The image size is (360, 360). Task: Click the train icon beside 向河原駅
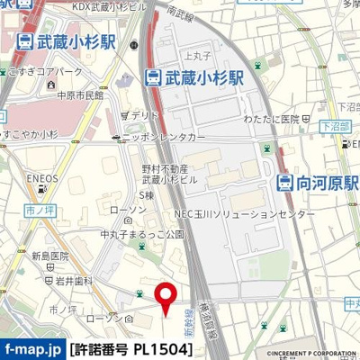(285, 183)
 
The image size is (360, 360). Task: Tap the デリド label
(142, 116)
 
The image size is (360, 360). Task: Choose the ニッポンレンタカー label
(163, 137)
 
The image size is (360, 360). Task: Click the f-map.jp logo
(32, 347)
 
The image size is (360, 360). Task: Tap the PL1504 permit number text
(161, 347)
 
